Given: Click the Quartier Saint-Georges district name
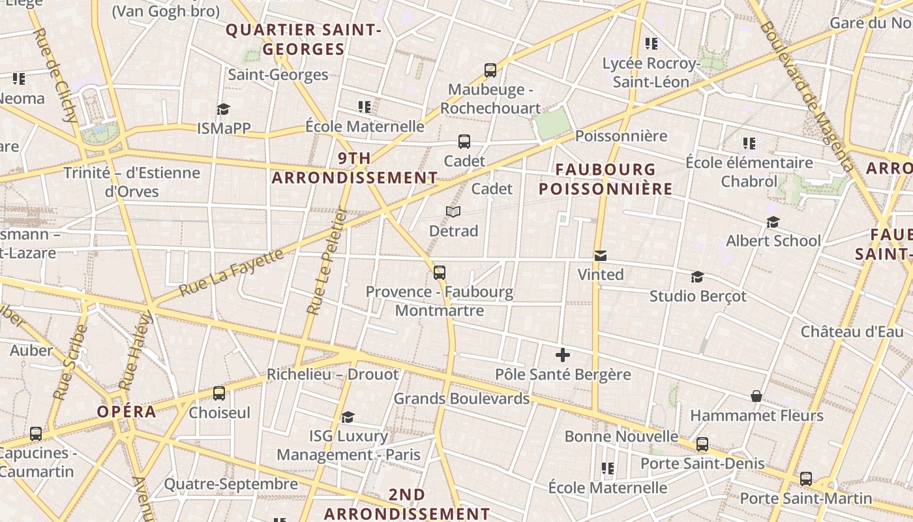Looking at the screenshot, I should (x=303, y=39).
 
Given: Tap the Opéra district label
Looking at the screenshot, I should (x=127, y=412).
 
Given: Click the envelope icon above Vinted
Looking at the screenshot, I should (x=600, y=256).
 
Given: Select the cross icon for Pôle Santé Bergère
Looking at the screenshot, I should (x=562, y=355).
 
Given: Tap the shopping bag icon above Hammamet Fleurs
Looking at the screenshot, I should (x=756, y=396).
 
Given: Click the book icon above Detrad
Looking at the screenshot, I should (x=453, y=211).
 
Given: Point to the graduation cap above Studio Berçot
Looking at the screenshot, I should (x=697, y=277).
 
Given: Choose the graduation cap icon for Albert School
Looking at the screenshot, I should (x=773, y=222).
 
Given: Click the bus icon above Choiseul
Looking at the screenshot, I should (x=219, y=393).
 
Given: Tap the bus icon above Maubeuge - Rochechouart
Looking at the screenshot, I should (x=490, y=70).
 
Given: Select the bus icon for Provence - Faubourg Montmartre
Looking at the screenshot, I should (x=440, y=272).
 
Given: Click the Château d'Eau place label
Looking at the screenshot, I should (x=852, y=331).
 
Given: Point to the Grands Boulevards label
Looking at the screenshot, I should (x=461, y=398).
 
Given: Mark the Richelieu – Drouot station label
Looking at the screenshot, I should (x=332, y=375).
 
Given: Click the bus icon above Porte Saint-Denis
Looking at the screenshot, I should (x=702, y=444).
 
